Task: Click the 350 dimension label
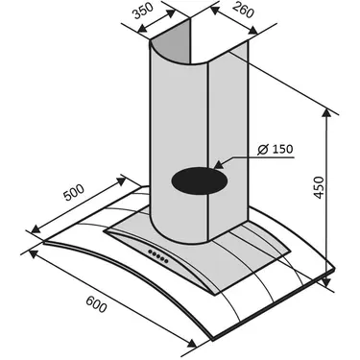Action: (x=143, y=11)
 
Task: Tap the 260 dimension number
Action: (x=243, y=11)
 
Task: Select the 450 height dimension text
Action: (x=319, y=187)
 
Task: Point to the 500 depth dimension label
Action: (x=74, y=192)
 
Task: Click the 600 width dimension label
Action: (x=96, y=304)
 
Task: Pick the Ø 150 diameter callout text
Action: (x=276, y=149)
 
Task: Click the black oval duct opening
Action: (x=200, y=180)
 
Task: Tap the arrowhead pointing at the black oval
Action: (x=219, y=165)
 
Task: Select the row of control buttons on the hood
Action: (x=158, y=256)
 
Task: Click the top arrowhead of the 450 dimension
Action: (x=326, y=113)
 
